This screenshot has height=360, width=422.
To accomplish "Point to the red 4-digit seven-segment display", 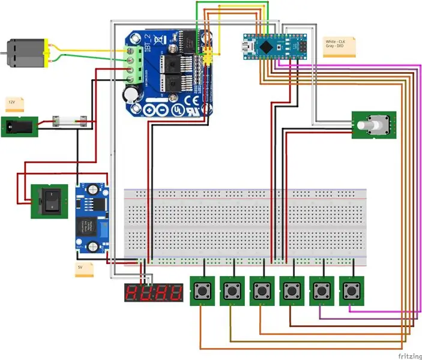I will [x=154, y=293].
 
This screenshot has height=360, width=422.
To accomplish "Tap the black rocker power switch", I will [x=47, y=200].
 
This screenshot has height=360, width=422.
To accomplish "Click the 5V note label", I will [x=84, y=269].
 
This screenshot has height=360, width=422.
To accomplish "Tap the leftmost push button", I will [x=202, y=292].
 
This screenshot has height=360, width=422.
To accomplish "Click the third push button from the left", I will [x=262, y=292].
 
